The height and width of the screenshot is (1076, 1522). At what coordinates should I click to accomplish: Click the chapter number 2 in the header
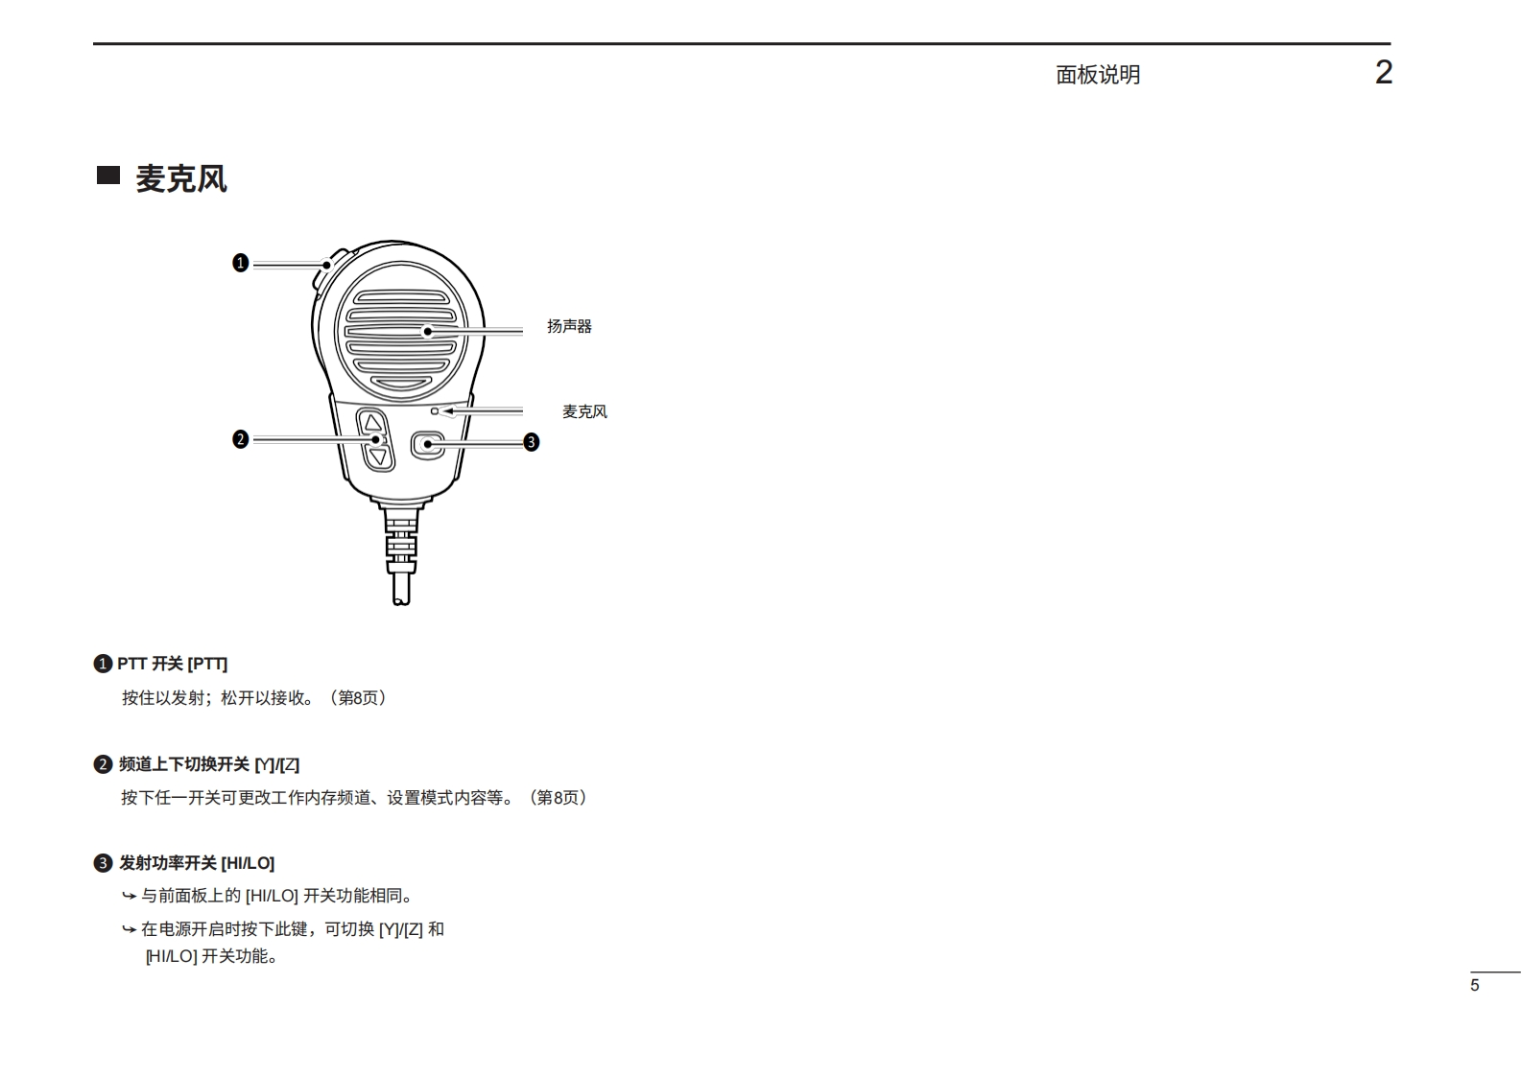tap(1383, 73)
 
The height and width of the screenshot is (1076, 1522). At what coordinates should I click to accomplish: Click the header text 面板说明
tap(1098, 75)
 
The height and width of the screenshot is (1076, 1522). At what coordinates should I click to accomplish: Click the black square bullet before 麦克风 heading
tap(108, 175)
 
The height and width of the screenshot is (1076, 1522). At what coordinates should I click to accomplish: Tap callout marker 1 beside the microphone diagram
tap(241, 263)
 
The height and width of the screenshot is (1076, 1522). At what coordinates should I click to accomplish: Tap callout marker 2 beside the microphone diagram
tap(241, 439)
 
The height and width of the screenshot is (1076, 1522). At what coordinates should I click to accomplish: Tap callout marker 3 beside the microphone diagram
tap(531, 442)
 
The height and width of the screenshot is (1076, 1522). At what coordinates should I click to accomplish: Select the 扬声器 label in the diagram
tap(569, 326)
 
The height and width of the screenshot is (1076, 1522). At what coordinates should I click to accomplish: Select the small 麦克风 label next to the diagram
tap(584, 411)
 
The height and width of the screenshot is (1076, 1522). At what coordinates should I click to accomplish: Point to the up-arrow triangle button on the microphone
tap(373, 422)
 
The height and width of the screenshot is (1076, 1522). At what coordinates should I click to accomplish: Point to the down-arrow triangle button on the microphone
tap(380, 456)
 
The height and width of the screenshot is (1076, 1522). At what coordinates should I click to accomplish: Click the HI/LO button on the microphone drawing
tap(428, 444)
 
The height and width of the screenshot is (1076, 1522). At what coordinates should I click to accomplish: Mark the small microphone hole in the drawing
tap(435, 411)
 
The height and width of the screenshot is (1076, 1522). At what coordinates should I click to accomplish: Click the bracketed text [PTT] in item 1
tap(207, 664)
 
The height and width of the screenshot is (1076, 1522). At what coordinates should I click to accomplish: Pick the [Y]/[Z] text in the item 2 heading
tap(276, 764)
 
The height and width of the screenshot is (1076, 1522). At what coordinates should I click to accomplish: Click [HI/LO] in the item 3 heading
tap(248, 863)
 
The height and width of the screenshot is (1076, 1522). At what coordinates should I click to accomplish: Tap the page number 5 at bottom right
tap(1475, 985)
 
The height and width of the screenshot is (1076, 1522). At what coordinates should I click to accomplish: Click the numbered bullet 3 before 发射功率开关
tap(103, 863)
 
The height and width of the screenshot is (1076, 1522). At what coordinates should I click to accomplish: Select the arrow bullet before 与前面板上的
tap(129, 896)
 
